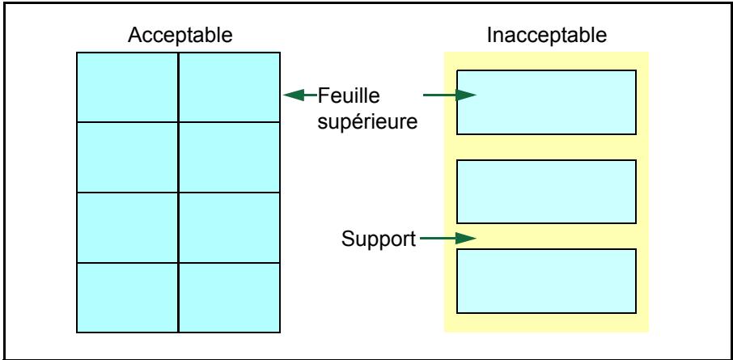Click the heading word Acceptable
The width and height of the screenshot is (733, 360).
click(x=180, y=35)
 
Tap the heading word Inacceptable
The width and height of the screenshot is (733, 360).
click(x=547, y=35)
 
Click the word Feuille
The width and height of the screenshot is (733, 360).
click(x=349, y=96)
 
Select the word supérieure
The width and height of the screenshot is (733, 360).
click(x=367, y=122)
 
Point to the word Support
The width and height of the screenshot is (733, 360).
click(x=378, y=239)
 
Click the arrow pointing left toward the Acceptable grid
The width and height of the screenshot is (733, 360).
click(x=300, y=95)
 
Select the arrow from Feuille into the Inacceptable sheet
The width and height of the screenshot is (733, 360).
click(x=450, y=95)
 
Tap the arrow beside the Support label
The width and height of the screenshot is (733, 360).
click(x=448, y=239)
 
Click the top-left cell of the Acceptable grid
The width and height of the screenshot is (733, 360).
click(x=127, y=87)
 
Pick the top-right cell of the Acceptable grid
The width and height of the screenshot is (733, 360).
click(x=230, y=87)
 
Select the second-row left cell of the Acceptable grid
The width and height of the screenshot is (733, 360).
click(x=127, y=157)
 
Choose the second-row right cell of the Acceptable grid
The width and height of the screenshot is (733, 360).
click(x=230, y=157)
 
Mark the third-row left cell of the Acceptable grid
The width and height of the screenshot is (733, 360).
click(x=127, y=227)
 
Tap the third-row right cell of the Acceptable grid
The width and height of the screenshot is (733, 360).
click(x=230, y=227)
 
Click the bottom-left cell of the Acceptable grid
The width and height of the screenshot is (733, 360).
click(x=127, y=298)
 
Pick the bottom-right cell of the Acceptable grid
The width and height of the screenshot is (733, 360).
click(x=230, y=298)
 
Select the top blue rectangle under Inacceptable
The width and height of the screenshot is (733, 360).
click(x=546, y=103)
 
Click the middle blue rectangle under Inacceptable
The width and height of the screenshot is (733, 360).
click(x=546, y=192)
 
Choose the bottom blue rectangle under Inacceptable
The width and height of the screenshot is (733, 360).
click(x=546, y=281)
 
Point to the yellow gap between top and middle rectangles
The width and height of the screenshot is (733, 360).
click(x=546, y=147)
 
